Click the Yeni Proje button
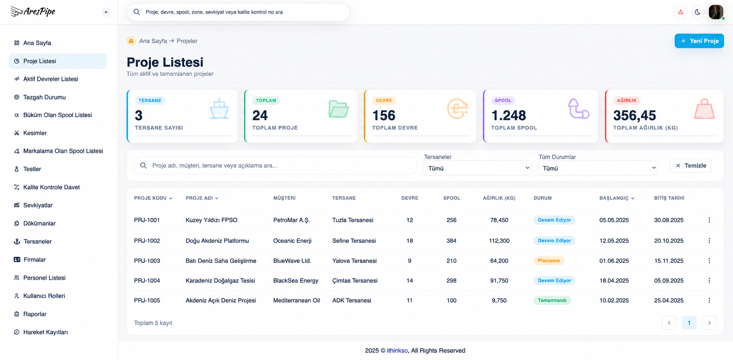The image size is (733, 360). coord(699,41)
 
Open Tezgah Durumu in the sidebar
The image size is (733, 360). coord(44,97)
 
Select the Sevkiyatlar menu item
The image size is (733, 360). coord(38,205)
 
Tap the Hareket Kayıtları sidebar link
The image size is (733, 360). coord(45,332)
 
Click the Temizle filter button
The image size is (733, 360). coord(691,165)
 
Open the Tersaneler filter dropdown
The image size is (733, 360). coord(477,168)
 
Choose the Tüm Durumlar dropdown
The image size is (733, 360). coord(597,168)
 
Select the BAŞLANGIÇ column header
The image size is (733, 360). coord(617,198)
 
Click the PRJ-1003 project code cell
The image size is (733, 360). coord(147,261)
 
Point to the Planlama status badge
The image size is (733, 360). coord(549,260)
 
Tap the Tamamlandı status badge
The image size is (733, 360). coord(552,300)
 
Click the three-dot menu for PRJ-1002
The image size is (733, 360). coord(709,241)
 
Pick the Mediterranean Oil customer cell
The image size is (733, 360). coord(297,301)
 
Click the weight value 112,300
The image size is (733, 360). coord(499,241)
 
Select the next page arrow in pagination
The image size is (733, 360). coord(709,323)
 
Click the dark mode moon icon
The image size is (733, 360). coord(697,12)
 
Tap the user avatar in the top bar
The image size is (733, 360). coord(716,12)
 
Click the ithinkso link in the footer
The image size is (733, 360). coord(397,351)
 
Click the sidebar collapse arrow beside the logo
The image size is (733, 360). coord(106,12)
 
